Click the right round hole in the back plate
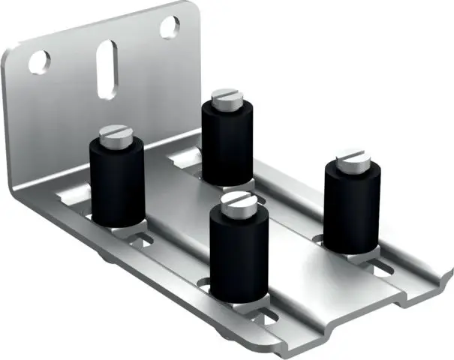click(x=169, y=27)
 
